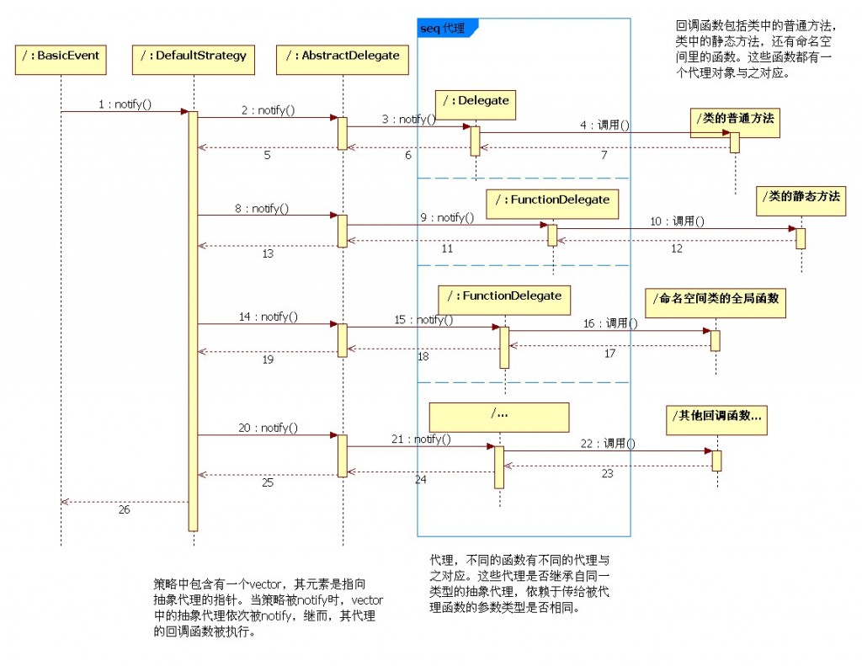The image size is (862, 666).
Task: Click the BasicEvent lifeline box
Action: coord(61,56)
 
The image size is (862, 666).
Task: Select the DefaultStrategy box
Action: coord(194,56)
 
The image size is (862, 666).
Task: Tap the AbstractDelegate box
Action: coord(343,56)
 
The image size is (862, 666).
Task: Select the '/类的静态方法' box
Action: coord(801,198)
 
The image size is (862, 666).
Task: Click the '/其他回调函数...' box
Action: coord(717,417)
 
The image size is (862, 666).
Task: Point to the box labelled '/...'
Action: coord(498,416)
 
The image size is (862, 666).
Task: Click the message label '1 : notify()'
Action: coord(125,105)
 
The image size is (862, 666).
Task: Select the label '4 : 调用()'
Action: coord(604,125)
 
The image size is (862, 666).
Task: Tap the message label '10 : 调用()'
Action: coord(676,221)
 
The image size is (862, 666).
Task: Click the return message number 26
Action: coord(125,509)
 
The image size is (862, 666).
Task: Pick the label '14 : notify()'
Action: coord(269,317)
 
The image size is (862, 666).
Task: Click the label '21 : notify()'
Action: coord(420,440)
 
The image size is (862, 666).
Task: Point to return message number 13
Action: coord(268,253)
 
